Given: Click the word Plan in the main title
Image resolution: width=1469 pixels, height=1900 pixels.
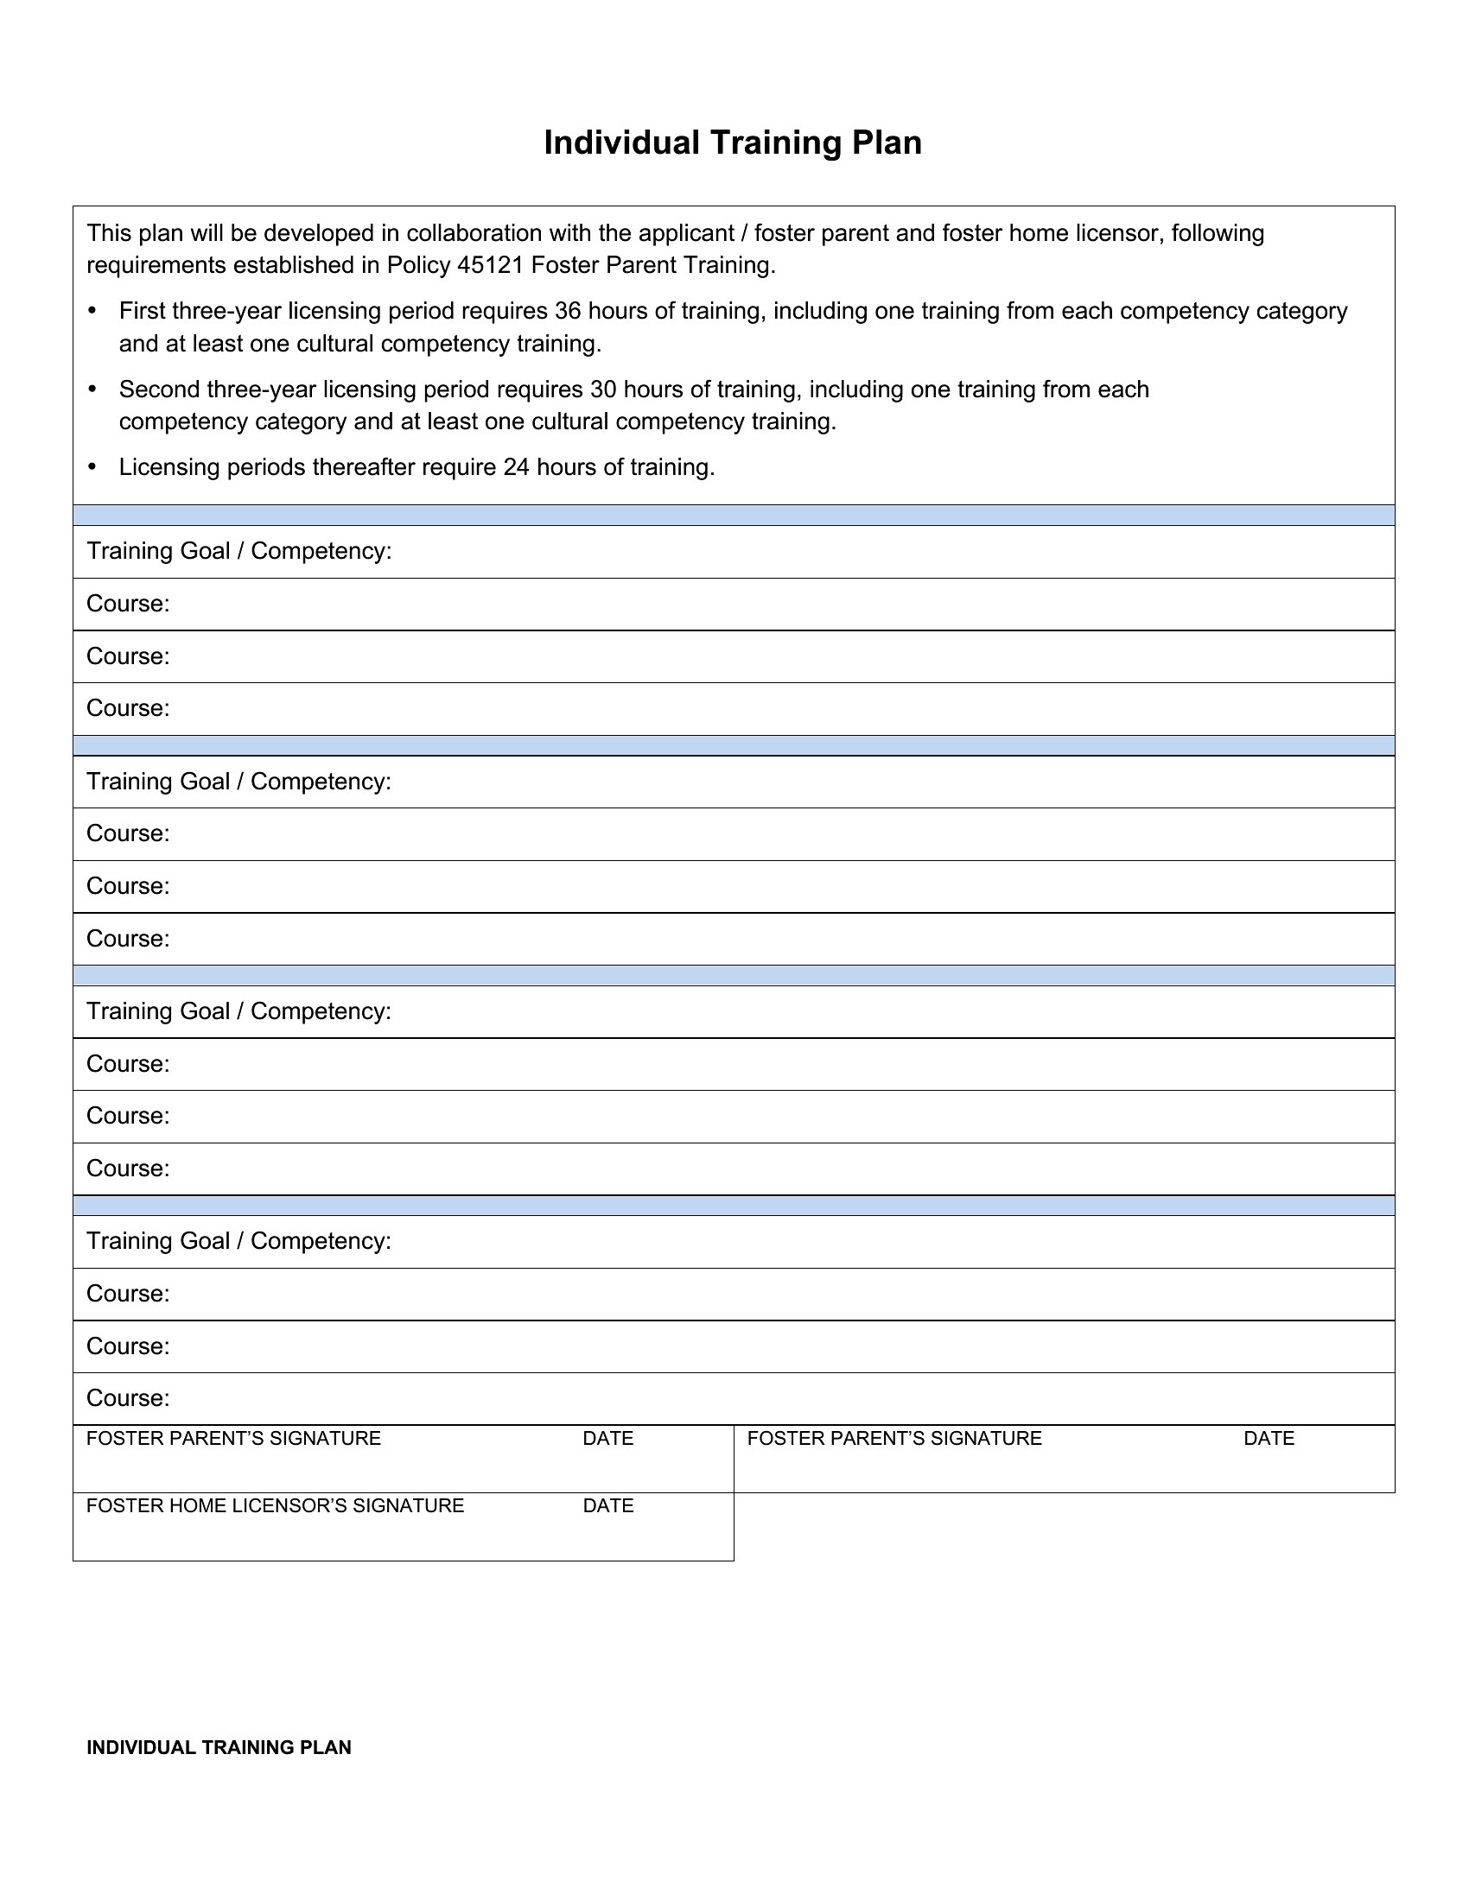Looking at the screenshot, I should click(887, 142).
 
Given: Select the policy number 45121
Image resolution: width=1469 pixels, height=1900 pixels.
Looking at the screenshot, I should click(490, 265).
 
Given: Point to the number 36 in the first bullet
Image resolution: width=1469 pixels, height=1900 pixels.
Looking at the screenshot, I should click(568, 311).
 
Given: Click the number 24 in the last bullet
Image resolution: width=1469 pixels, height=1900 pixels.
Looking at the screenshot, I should click(516, 467).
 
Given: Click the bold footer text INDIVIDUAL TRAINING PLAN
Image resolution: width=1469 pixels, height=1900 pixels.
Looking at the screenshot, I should click(219, 1748).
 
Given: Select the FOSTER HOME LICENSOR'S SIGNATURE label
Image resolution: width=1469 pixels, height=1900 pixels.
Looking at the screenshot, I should click(275, 1506).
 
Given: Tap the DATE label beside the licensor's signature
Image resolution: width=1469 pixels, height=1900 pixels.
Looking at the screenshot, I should click(607, 1506).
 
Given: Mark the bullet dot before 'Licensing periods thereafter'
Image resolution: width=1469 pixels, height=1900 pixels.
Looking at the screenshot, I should click(93, 467).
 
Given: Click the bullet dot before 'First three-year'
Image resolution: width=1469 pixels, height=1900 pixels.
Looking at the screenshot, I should click(93, 311).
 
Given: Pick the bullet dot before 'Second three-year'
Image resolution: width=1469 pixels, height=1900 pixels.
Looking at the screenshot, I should click(93, 389).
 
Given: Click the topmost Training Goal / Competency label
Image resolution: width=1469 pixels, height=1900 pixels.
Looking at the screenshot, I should click(238, 552).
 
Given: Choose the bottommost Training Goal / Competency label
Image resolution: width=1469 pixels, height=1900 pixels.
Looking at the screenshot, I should click(238, 1241).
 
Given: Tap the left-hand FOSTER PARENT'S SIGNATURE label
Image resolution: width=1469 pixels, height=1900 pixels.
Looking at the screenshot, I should click(233, 1439).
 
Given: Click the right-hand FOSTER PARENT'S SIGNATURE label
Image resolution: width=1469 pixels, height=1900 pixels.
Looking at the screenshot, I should click(893, 1439).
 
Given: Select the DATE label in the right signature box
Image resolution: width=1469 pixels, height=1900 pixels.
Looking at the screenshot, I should click(1268, 1439).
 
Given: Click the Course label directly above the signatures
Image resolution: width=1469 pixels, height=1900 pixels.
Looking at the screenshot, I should click(128, 1398).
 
